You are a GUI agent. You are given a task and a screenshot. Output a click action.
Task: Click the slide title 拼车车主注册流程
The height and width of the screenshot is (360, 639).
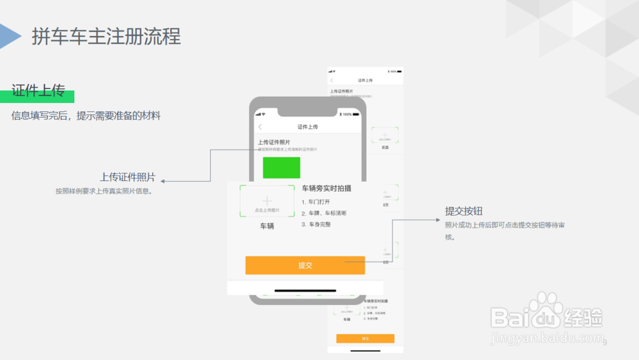(x=106, y=36)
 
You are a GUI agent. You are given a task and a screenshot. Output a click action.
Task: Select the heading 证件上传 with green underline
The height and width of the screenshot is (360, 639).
(x=38, y=91)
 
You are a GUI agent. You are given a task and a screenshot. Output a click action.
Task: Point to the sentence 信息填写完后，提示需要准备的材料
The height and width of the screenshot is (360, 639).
(x=86, y=116)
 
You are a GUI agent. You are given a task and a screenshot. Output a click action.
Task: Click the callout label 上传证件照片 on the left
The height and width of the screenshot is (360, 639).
(x=127, y=177)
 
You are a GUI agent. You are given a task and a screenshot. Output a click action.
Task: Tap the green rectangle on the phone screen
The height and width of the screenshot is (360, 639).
(x=281, y=168)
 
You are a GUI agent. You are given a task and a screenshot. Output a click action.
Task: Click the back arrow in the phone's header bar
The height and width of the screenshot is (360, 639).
(x=260, y=127)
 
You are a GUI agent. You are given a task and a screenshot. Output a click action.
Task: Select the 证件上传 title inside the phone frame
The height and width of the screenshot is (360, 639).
(x=307, y=127)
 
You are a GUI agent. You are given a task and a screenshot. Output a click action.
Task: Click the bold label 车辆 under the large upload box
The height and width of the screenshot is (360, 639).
(x=266, y=226)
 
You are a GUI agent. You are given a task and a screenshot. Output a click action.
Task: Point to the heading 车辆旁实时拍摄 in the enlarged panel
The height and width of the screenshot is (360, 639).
(x=327, y=189)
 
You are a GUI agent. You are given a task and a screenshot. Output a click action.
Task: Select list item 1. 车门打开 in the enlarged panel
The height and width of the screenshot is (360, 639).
(x=316, y=202)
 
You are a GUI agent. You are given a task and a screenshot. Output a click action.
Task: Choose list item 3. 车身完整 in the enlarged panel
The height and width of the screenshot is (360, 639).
(x=316, y=224)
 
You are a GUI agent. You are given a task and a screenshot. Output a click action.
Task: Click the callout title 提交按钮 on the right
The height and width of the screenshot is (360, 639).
(x=463, y=211)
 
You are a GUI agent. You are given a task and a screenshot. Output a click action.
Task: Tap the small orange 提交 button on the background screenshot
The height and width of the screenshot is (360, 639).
(x=365, y=338)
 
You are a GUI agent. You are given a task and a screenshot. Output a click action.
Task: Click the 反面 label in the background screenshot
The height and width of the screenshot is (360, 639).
(x=385, y=148)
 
